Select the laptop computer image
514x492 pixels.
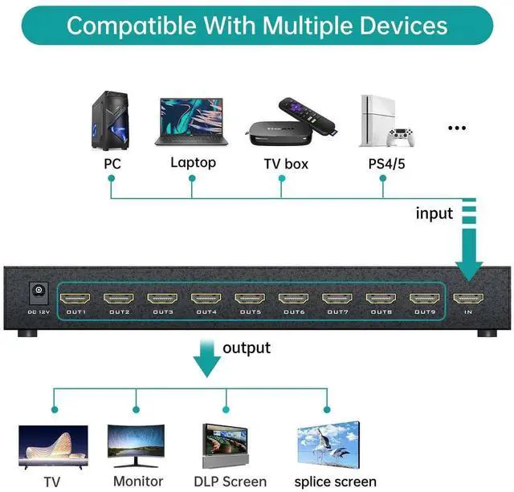point(192,122)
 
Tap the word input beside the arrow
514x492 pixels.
point(434,213)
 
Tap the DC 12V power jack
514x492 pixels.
point(35,294)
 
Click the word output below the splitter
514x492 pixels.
point(247,348)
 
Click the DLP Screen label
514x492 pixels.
point(230,482)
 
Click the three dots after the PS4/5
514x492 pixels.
point(457,128)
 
